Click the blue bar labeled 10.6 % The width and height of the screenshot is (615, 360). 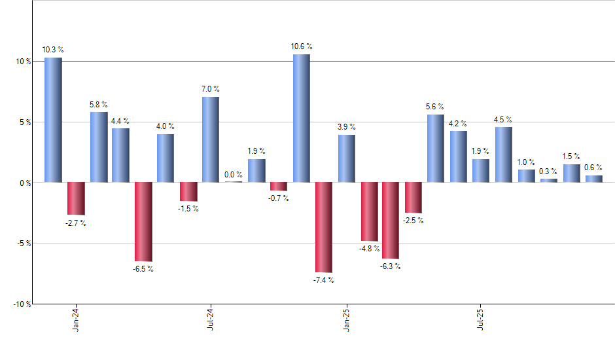pyautogui.click(x=301, y=118)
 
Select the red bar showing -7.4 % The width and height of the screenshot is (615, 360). pyautogui.click(x=324, y=227)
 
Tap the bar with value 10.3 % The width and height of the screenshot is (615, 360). pyautogui.click(x=53, y=120)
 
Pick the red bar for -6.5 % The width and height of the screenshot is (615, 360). pyautogui.click(x=143, y=221)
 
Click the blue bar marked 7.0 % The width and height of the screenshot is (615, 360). pyautogui.click(x=211, y=139)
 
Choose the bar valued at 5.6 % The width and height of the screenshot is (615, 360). pyautogui.click(x=436, y=148)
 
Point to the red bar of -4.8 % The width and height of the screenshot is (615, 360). pyautogui.click(x=370, y=211)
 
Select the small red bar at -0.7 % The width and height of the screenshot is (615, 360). pyautogui.click(x=279, y=187)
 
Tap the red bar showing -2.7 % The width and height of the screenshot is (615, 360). pyautogui.click(x=76, y=198)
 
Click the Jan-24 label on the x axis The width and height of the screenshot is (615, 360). pyautogui.click(x=77, y=318)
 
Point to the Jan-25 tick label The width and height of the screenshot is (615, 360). pyautogui.click(x=346, y=318)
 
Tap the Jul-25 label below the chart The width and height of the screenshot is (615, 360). pyautogui.click(x=481, y=318)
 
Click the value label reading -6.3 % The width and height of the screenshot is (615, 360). pyautogui.click(x=390, y=266)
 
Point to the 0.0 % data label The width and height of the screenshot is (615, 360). pyautogui.click(x=234, y=175)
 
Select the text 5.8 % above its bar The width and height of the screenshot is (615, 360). pyautogui.click(x=99, y=105)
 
